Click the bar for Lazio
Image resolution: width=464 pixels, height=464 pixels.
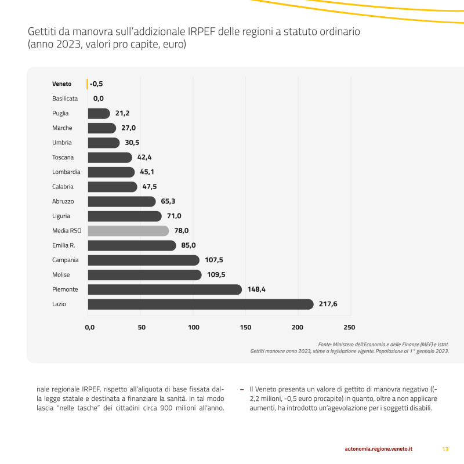click(200, 304)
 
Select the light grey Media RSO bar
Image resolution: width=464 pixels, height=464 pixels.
click(128, 231)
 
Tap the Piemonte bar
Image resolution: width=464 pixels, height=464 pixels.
click(165, 289)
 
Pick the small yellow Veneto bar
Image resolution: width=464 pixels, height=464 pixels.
click(88, 84)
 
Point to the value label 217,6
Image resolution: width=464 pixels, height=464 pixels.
click(328, 304)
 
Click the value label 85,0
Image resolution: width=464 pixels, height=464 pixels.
click(188, 245)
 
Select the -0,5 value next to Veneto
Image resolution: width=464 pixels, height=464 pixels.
click(96, 84)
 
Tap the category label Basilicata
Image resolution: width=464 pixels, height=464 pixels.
click(65, 99)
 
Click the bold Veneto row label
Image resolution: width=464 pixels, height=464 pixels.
click(62, 84)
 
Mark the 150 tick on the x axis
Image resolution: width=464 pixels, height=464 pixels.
click(246, 328)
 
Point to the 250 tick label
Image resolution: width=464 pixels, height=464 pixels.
click(349, 328)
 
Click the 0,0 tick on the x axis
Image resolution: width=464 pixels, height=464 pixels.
click(90, 328)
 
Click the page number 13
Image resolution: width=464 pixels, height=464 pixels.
click(445, 449)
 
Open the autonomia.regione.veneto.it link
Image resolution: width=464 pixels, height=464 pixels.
click(379, 449)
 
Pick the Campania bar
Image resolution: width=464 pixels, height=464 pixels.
click(143, 260)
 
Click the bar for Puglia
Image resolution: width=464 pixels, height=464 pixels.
click(99, 114)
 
